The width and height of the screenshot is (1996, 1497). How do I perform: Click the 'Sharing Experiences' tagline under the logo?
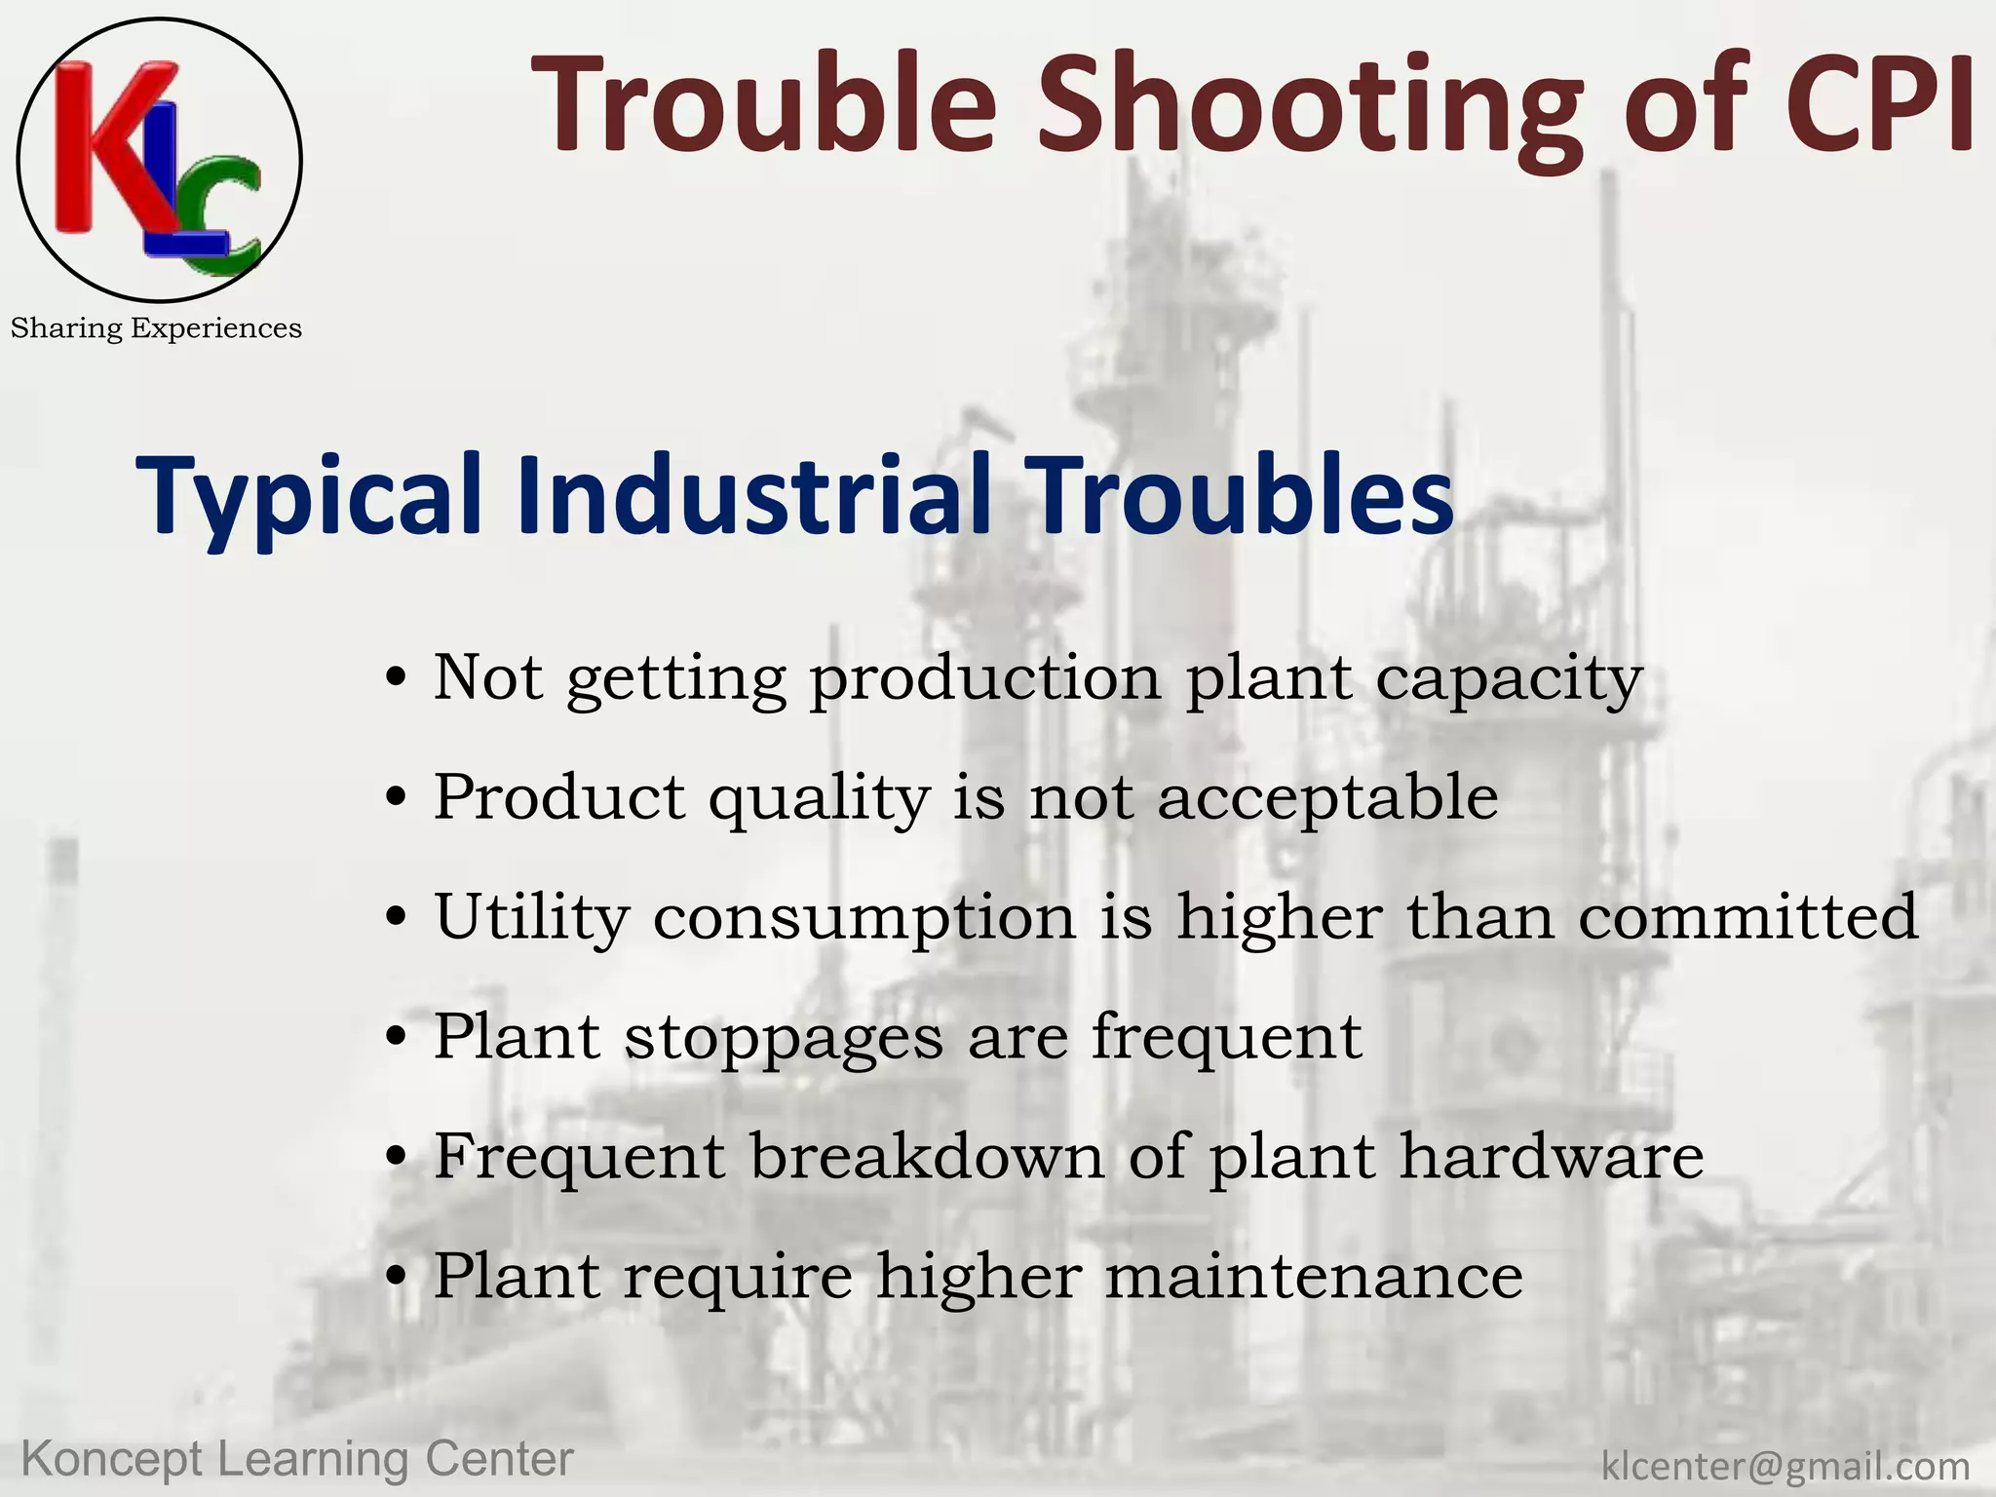click(x=156, y=328)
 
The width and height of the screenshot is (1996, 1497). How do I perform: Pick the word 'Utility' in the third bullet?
click(x=531, y=918)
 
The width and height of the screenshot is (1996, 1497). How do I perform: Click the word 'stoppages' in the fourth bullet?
click(x=784, y=1039)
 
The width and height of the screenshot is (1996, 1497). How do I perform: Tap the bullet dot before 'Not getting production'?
click(x=395, y=678)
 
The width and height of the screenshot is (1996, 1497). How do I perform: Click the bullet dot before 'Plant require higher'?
click(x=395, y=1277)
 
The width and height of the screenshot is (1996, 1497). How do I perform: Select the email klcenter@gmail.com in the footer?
click(x=1785, y=1465)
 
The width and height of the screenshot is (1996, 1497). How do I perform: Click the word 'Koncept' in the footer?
click(x=112, y=1460)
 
